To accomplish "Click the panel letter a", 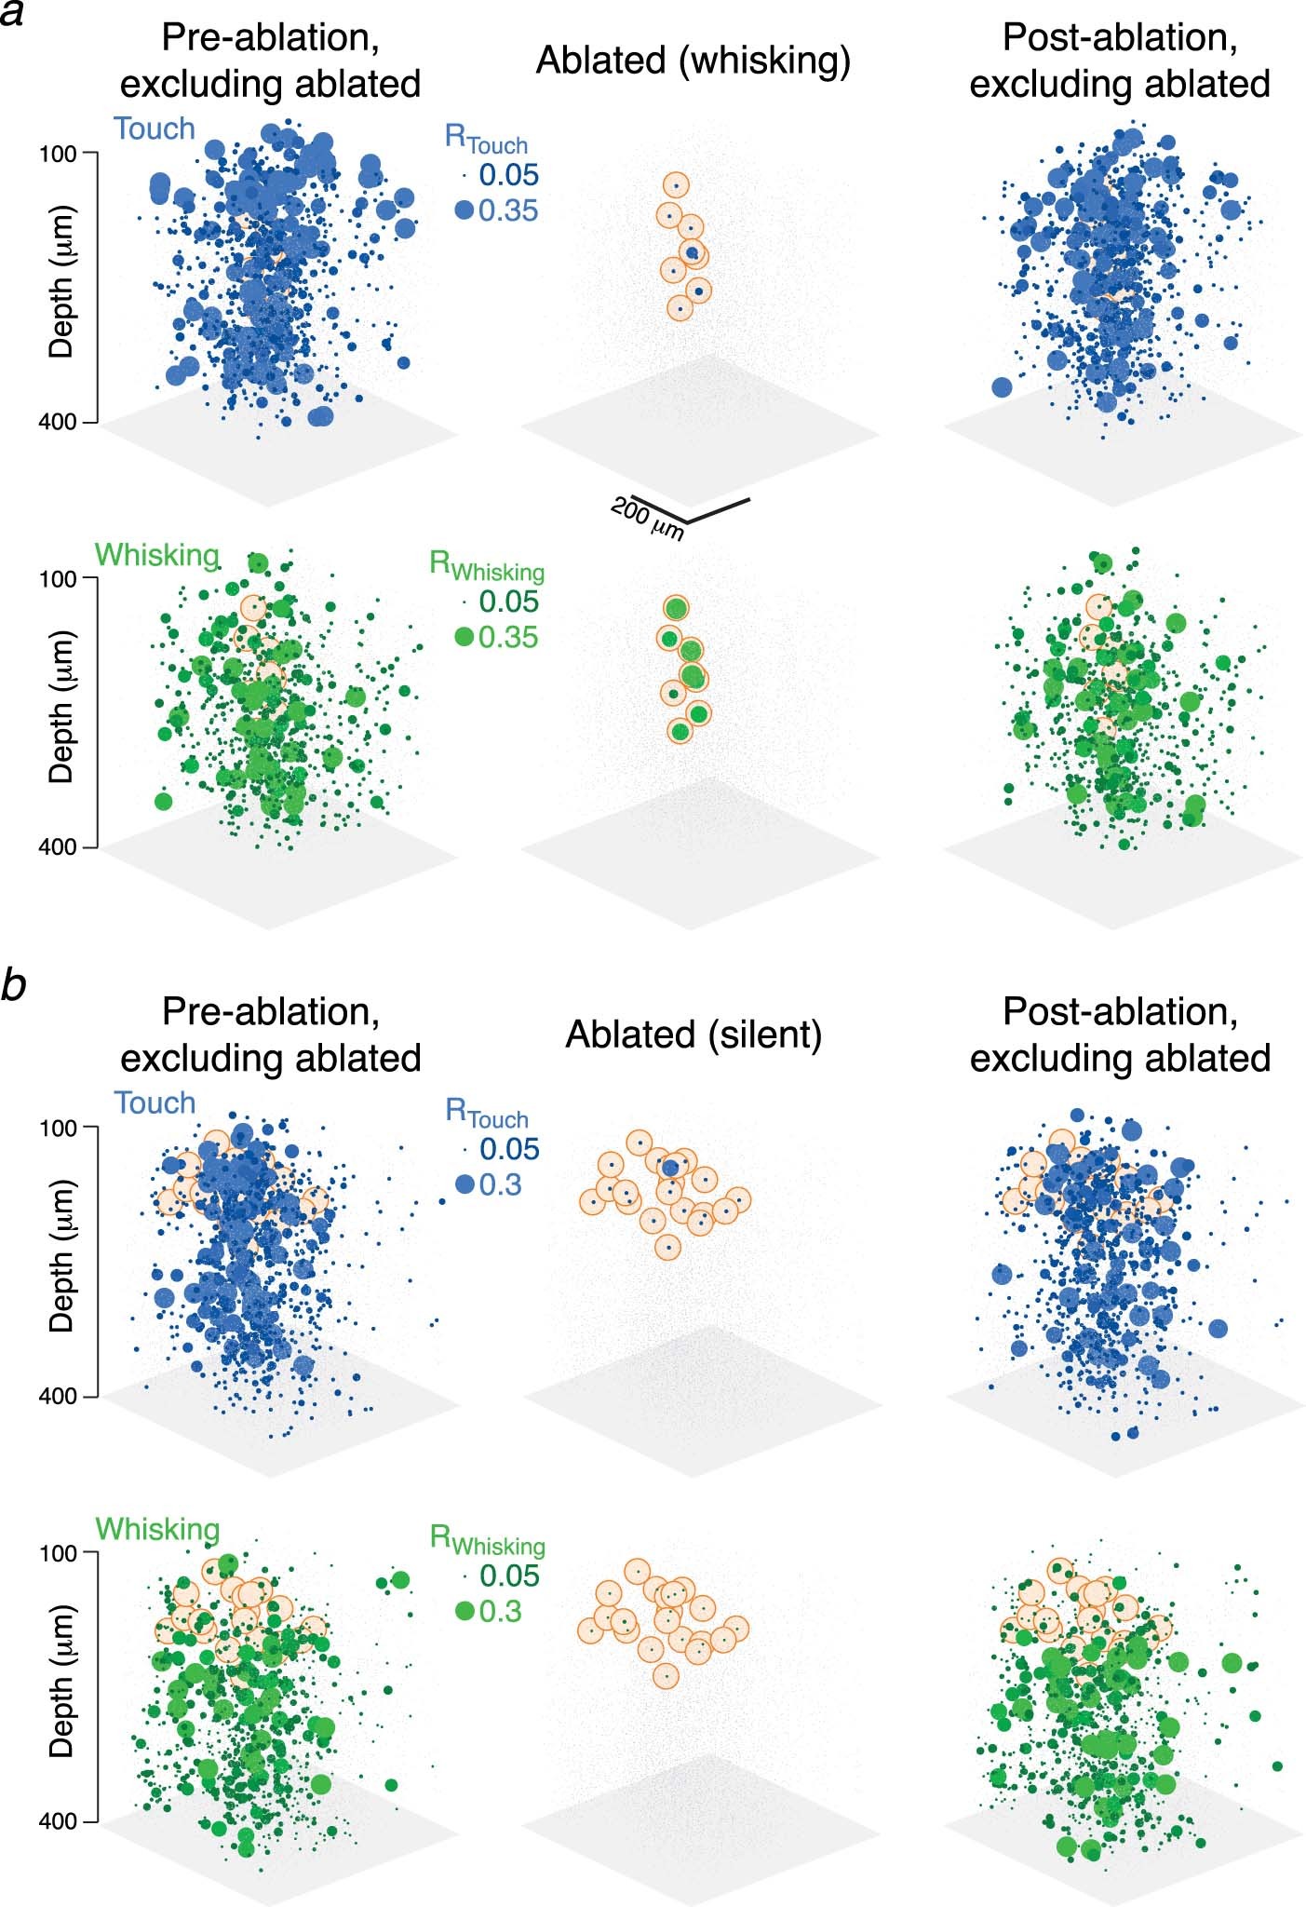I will [12, 16].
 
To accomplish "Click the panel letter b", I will [13, 985].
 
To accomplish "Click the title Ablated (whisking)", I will [693, 61].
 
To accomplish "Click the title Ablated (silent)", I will [693, 1035].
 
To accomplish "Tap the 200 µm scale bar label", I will [648, 519].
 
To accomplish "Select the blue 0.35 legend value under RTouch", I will [508, 210].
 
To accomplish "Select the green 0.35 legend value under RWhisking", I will [508, 637].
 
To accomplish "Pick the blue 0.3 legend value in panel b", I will [500, 1184].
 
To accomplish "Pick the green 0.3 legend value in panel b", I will [500, 1611].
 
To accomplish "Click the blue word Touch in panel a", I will [155, 128].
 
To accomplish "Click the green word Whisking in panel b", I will [157, 1529].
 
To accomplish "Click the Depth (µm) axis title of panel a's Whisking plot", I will [61, 712].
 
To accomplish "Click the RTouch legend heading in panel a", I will [485, 140].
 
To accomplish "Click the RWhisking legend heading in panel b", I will [487, 1540].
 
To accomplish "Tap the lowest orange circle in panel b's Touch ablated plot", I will [666, 1247].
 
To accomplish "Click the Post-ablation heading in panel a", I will [1120, 61].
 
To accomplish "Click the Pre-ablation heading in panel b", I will [271, 1035].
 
